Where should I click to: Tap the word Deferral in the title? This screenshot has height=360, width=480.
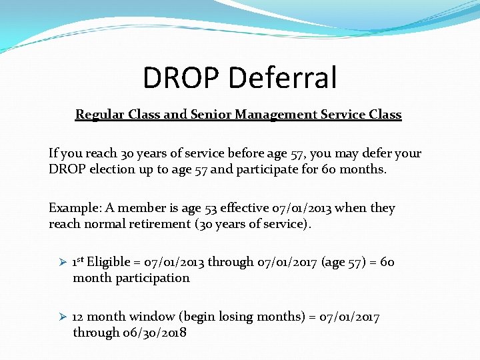(283, 77)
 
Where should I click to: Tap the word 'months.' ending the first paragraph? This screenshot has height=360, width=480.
(363, 169)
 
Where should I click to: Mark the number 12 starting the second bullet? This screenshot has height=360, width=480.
(78, 317)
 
